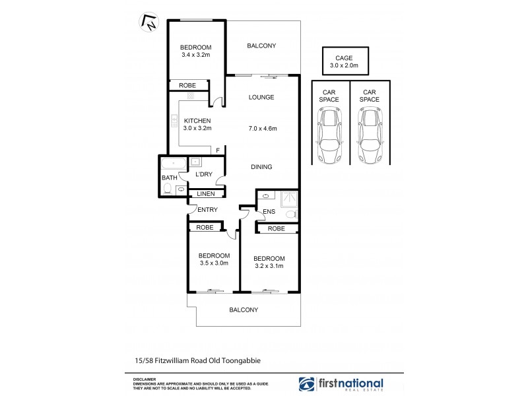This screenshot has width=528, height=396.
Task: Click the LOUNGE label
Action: point(261,98)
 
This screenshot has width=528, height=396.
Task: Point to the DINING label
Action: point(261,167)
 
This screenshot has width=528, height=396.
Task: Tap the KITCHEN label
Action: point(197,120)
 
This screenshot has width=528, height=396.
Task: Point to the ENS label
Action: point(269,212)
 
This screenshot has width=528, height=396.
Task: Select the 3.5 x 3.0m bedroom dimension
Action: point(214,263)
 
